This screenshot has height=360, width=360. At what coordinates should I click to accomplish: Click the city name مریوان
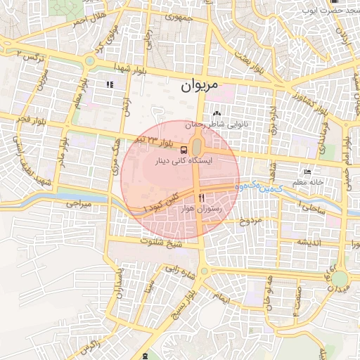200,86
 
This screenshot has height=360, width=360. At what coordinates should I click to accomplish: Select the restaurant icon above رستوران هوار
202,198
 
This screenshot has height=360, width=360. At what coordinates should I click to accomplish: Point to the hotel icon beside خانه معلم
307,172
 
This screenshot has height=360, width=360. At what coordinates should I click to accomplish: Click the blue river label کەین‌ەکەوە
259,188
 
